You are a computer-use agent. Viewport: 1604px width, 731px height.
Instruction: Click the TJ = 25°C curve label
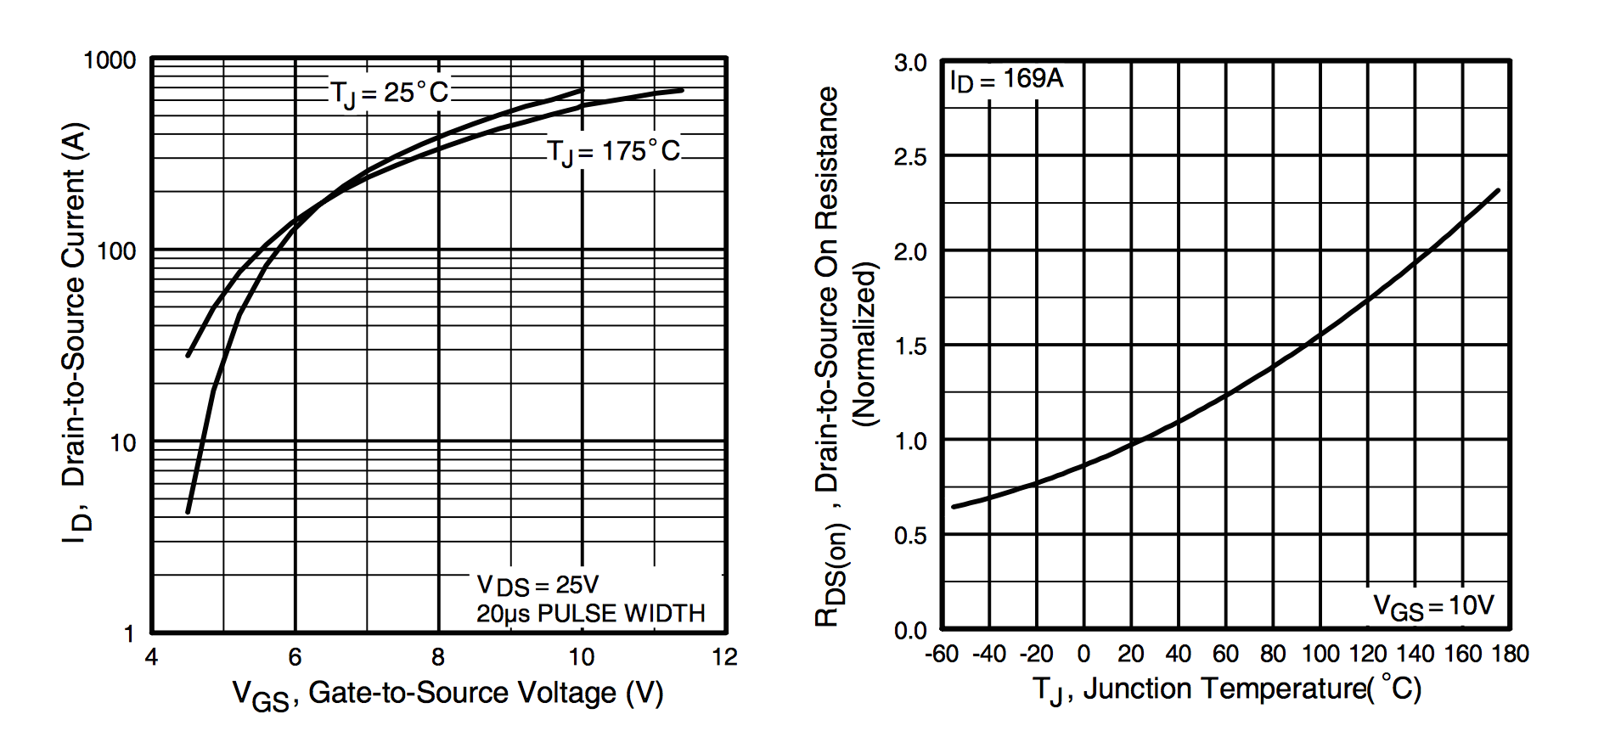(x=389, y=93)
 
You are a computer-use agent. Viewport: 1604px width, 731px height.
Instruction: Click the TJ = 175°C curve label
(x=613, y=152)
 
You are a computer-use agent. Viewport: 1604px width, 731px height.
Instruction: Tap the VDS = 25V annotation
(x=537, y=585)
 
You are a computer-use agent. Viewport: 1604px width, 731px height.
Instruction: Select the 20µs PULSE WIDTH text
(x=590, y=614)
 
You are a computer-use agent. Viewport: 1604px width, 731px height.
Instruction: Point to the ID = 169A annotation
(x=1006, y=80)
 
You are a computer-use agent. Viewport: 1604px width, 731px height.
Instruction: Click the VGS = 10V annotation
(x=1433, y=606)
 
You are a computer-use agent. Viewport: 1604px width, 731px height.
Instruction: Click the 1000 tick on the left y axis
(x=110, y=60)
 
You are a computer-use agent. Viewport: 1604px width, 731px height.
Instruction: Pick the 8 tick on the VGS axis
(x=438, y=657)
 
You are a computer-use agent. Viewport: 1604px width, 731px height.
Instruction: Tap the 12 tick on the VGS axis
(x=724, y=657)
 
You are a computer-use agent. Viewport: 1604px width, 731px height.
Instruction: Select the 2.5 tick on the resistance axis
(x=910, y=157)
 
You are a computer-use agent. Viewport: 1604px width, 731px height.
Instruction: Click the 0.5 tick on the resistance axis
(x=910, y=536)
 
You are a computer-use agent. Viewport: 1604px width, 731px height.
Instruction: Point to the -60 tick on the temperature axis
(x=942, y=654)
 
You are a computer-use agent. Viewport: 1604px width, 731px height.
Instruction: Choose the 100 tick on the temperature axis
(x=1320, y=654)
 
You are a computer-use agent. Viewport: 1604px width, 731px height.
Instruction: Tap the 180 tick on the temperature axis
(x=1510, y=654)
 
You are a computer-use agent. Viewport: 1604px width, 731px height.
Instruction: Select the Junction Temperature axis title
(x=1226, y=689)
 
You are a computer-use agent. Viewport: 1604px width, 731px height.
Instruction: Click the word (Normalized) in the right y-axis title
(x=864, y=344)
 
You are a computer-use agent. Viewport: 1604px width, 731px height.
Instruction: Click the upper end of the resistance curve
(x=1498, y=190)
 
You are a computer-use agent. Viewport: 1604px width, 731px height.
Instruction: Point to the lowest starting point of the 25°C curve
(x=188, y=512)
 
